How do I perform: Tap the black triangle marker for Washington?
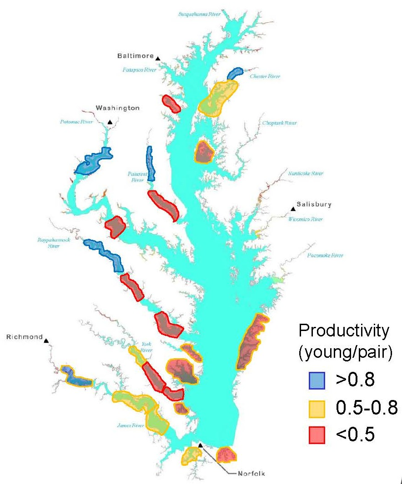110,122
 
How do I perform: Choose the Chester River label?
265,76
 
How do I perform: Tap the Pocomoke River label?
325,256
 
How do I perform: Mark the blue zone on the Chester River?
235,73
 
